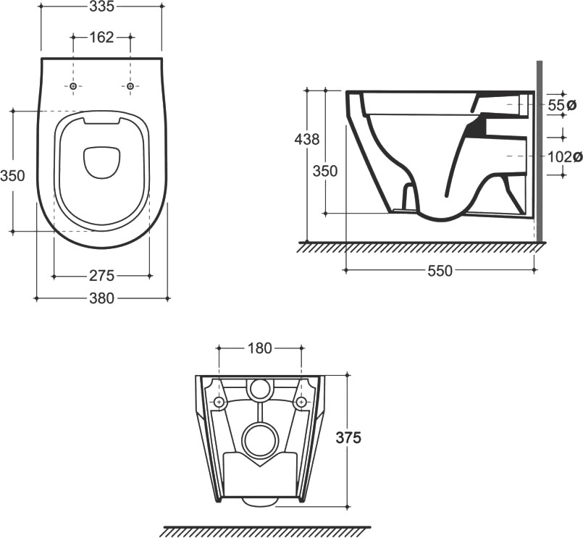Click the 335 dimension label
(101, 8)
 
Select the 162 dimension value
(101, 37)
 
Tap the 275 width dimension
(102, 276)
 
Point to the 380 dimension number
(101, 298)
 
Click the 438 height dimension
(307, 139)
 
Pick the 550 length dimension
(440, 271)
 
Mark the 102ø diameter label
(564, 156)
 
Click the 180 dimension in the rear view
(259, 348)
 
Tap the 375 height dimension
(348, 437)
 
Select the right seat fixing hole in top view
(130, 86)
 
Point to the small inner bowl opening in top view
(101, 163)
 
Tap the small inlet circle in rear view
(258, 390)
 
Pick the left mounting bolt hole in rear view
(219, 402)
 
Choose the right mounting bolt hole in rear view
(300, 402)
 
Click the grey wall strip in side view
(539, 152)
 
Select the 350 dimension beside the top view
(12, 175)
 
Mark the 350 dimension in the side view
(325, 171)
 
